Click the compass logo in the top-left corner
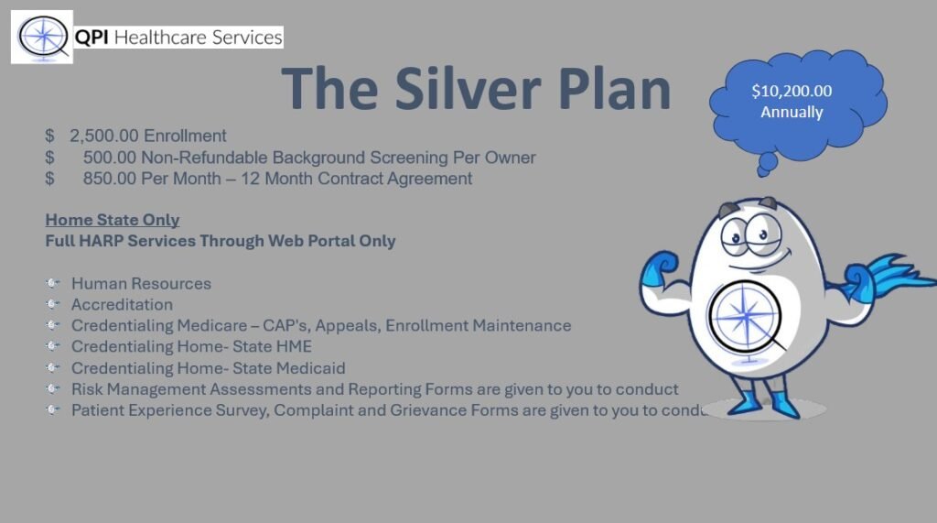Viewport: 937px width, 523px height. (x=42, y=37)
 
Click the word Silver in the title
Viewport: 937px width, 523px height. (x=468, y=89)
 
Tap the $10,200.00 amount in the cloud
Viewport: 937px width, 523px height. (x=792, y=91)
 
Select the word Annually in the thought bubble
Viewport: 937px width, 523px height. (x=792, y=112)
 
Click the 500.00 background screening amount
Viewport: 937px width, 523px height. (x=110, y=158)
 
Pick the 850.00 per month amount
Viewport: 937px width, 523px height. (x=110, y=179)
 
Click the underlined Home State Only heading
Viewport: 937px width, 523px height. (x=113, y=220)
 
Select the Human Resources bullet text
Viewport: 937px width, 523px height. (x=141, y=283)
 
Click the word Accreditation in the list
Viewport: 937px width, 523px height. (x=122, y=304)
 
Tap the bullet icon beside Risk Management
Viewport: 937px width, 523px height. (x=52, y=389)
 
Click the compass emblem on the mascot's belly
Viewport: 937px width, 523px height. (x=745, y=317)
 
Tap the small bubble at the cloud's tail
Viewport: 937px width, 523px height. (x=766, y=163)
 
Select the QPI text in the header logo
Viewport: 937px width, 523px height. (x=92, y=38)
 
